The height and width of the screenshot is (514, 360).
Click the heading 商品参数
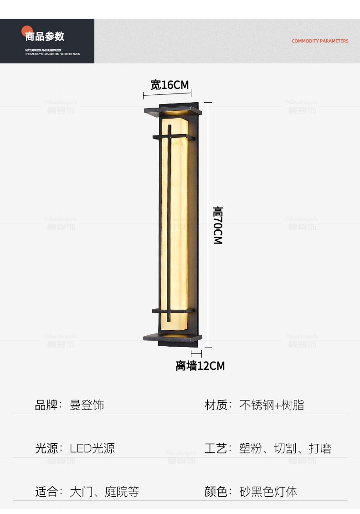click(45, 36)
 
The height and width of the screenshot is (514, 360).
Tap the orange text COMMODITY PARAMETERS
click(320, 41)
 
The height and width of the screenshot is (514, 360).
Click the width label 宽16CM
click(169, 85)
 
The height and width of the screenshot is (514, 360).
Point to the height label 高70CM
click(218, 225)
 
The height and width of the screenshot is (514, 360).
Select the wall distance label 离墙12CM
click(200, 366)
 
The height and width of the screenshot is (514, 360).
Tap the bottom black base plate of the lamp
click(172, 338)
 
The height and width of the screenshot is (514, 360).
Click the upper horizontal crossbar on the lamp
click(174, 136)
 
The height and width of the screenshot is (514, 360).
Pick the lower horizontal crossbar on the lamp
click(173, 311)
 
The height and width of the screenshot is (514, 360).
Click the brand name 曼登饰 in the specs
click(87, 405)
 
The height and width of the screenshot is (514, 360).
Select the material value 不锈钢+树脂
click(272, 405)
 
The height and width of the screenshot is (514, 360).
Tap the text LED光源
click(92, 448)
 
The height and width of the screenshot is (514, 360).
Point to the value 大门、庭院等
click(104, 492)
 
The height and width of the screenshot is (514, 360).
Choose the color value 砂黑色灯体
click(268, 492)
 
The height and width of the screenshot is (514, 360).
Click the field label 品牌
click(46, 405)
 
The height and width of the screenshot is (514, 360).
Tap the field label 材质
click(216, 405)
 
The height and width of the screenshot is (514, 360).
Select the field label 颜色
click(216, 492)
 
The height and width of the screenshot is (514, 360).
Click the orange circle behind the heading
click(26, 31)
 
